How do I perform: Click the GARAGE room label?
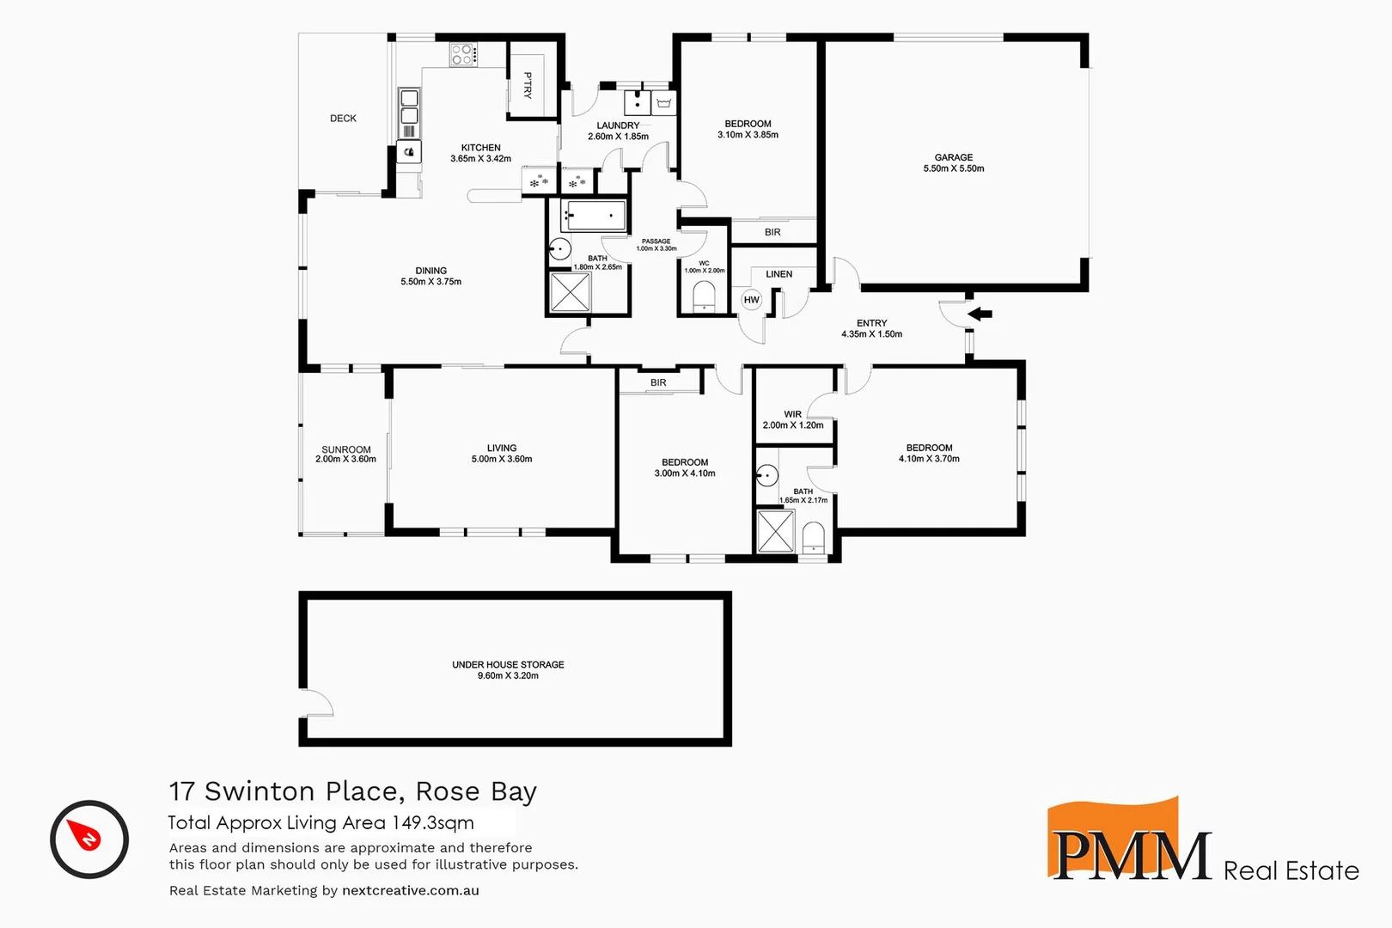click(954, 157)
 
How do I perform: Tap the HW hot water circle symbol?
click(752, 300)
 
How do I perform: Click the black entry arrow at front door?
click(980, 314)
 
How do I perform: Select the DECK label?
click(343, 119)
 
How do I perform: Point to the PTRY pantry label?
click(528, 85)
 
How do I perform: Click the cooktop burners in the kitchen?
click(462, 55)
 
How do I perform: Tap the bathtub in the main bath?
click(594, 216)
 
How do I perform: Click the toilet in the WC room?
click(704, 295)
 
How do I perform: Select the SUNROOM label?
click(346, 449)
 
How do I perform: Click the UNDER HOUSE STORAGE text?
click(508, 664)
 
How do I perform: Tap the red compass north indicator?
click(89, 837)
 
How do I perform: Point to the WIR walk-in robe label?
click(792, 414)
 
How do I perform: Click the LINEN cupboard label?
click(778, 274)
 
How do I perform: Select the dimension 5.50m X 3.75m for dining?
click(430, 282)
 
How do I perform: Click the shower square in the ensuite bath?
click(775, 530)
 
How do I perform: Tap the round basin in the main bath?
click(560, 249)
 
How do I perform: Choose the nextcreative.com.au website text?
click(410, 890)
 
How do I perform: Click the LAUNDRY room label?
click(618, 125)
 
